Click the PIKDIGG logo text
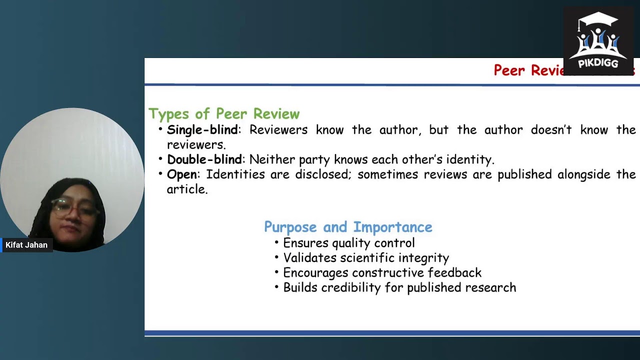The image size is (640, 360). (598, 63)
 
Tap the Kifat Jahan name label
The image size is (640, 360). (26, 245)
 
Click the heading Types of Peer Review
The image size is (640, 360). (224, 114)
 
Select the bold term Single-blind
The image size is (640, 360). (202, 130)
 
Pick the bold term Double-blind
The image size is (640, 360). (204, 160)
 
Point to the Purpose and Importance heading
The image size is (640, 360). (348, 227)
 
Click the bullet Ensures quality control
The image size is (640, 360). (348, 243)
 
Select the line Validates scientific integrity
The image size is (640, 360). (366, 258)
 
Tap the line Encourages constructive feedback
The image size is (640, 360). (382, 273)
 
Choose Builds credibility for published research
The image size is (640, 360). (399, 288)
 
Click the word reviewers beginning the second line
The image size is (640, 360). (195, 145)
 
